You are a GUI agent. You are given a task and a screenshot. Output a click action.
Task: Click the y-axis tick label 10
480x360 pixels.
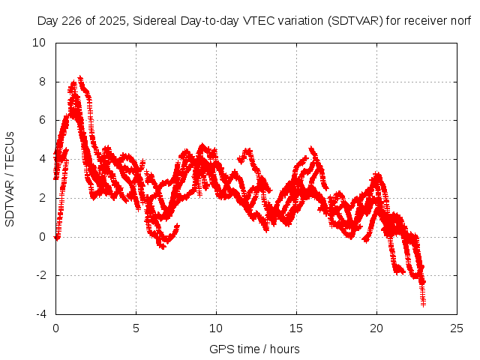40,43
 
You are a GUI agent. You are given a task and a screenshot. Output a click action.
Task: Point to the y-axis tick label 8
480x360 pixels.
43,82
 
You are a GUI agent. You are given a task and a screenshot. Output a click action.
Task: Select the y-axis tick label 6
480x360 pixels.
43,120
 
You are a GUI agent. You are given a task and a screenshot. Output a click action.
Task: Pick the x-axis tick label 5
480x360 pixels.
136,328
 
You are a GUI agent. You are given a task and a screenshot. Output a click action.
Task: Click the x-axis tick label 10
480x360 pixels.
216,328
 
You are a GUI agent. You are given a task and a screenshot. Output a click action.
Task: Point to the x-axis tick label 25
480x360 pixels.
457,328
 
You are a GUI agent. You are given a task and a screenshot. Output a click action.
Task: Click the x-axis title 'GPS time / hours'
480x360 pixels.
254,349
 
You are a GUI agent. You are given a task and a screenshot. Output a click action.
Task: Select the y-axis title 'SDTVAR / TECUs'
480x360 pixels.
10,178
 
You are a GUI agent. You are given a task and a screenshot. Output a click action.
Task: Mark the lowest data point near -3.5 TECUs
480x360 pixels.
423,304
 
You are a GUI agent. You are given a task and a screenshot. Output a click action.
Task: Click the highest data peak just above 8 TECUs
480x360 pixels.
80,77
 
